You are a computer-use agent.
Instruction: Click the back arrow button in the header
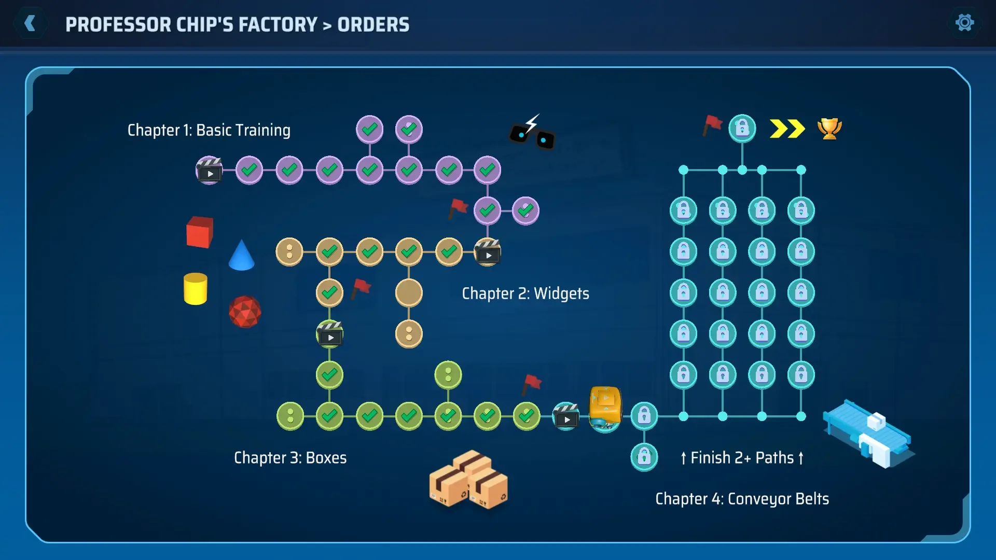click(x=31, y=23)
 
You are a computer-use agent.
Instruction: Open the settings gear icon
click(x=964, y=23)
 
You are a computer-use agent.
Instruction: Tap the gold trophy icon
click(x=829, y=129)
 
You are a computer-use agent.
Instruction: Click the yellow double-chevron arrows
click(x=787, y=129)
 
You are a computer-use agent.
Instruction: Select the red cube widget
click(x=200, y=232)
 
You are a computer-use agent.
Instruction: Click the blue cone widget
click(x=241, y=256)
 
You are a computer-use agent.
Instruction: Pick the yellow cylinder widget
click(x=196, y=289)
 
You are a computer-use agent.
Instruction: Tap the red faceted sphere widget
click(x=245, y=312)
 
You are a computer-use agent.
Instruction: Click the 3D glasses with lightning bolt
click(x=532, y=133)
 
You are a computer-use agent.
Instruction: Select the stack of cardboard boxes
click(x=468, y=480)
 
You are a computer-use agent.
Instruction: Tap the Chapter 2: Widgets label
click(x=525, y=293)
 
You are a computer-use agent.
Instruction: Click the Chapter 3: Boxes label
click(x=290, y=458)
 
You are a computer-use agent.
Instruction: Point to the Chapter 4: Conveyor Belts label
click(x=742, y=499)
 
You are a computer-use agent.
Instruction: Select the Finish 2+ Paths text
click(x=742, y=458)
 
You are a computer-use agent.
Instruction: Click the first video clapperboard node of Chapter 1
click(x=209, y=170)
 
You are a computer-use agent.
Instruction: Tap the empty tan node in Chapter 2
click(x=409, y=293)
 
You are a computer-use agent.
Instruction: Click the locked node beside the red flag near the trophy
click(x=742, y=129)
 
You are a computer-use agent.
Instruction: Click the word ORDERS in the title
click(x=373, y=25)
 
